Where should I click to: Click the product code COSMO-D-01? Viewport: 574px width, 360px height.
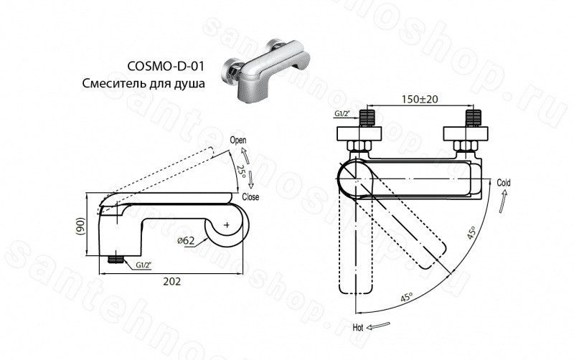pos(166,66)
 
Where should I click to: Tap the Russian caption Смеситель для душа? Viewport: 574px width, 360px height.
pos(143,84)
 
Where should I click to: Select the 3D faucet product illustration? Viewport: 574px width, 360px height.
pos(266,70)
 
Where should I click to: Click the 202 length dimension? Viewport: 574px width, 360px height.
pos(171,281)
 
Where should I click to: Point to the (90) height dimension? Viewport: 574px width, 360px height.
pos(81,227)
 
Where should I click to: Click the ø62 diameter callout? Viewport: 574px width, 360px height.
pos(186,241)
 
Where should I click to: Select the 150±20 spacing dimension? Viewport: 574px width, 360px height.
pos(420,99)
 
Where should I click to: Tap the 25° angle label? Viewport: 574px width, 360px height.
pos(240,171)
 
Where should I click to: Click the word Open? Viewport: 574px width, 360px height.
pos(238,140)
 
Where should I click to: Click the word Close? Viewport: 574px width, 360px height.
pos(250,196)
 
